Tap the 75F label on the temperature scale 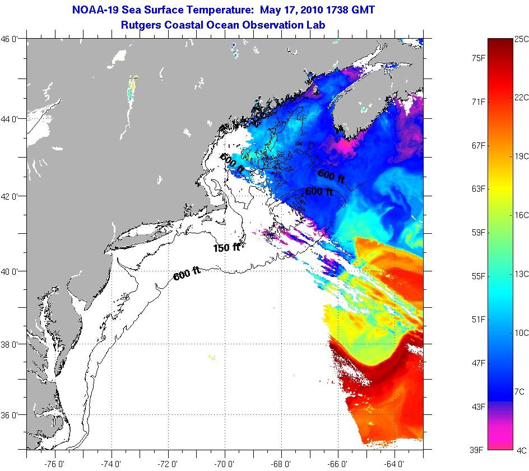pos(479,58)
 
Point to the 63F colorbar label pos(479,188)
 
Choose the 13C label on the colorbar pos(522,274)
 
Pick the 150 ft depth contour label pos(226,247)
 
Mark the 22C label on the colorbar pos(522,97)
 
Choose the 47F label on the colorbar pos(479,363)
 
